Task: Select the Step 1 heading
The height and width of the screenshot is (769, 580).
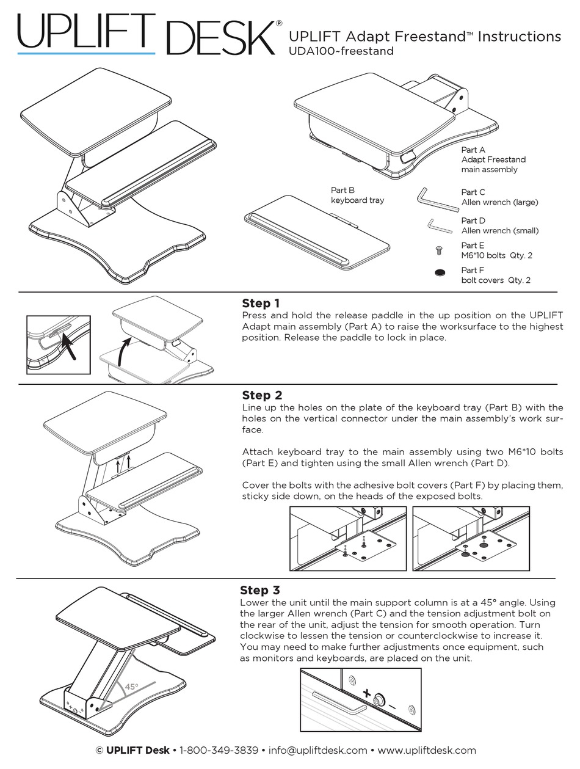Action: coord(261,304)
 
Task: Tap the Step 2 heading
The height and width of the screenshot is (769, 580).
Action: coord(261,395)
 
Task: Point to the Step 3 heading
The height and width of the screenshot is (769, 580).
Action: coord(260,590)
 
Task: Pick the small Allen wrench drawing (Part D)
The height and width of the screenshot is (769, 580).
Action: coord(438,227)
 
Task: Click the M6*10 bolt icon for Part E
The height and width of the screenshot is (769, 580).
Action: coord(438,250)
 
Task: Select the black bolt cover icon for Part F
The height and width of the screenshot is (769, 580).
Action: coord(439,273)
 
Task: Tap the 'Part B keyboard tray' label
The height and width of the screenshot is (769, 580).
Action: coord(357,195)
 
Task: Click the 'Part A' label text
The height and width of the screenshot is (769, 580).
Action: coord(473,150)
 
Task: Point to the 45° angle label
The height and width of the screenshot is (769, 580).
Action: coord(131,687)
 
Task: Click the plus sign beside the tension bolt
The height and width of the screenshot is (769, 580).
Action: coord(367,694)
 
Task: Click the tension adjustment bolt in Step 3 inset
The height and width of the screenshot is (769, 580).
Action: coord(380,699)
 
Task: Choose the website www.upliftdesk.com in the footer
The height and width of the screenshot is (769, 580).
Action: coord(427,750)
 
